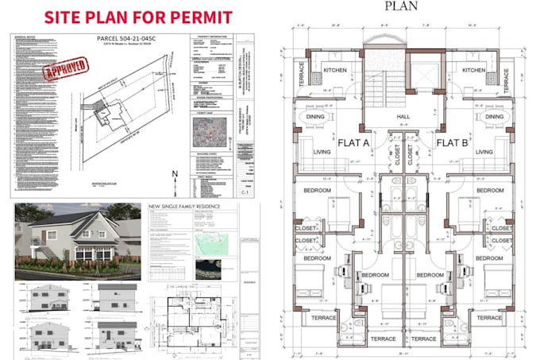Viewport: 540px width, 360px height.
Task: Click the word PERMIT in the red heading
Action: (x=196, y=17)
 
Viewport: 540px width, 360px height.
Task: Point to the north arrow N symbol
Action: (x=174, y=176)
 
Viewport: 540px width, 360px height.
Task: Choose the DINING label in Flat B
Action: (x=495, y=116)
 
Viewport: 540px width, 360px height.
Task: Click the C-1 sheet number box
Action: (x=250, y=192)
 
